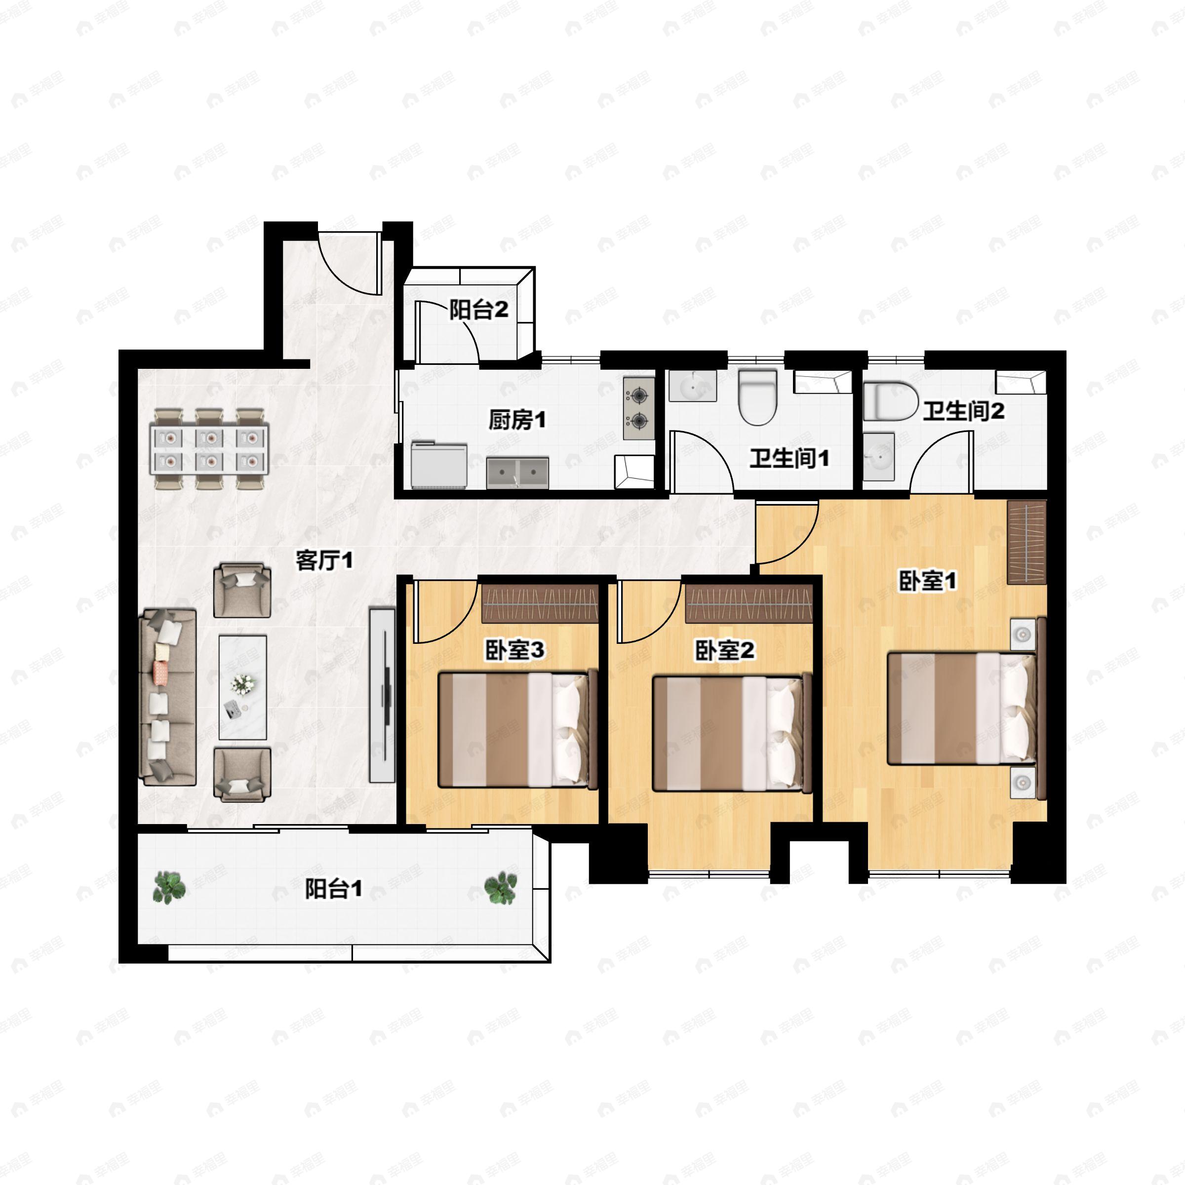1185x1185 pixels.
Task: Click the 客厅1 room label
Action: pyautogui.click(x=324, y=560)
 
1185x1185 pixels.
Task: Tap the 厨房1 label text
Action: pyautogui.click(x=516, y=420)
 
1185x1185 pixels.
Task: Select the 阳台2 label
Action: pyautogui.click(x=478, y=310)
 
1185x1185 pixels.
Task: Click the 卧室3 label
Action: pyautogui.click(x=514, y=650)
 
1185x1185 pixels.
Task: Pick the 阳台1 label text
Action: pyautogui.click(x=334, y=889)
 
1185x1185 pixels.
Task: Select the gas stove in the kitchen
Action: pyautogui.click(x=638, y=408)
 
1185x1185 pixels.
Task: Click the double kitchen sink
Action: pyautogui.click(x=517, y=473)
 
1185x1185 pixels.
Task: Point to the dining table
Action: pyautogui.click(x=210, y=449)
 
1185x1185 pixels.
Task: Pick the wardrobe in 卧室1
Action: pyautogui.click(x=1026, y=542)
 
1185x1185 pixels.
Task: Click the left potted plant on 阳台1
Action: pyautogui.click(x=169, y=888)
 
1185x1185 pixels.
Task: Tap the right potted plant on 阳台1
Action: pyautogui.click(x=501, y=888)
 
